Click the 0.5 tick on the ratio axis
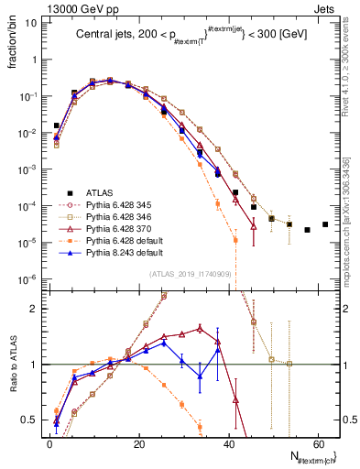[30, 420]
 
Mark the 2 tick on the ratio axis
[34, 309]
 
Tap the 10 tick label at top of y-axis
[30, 23]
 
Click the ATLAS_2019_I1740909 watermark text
[191, 274]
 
